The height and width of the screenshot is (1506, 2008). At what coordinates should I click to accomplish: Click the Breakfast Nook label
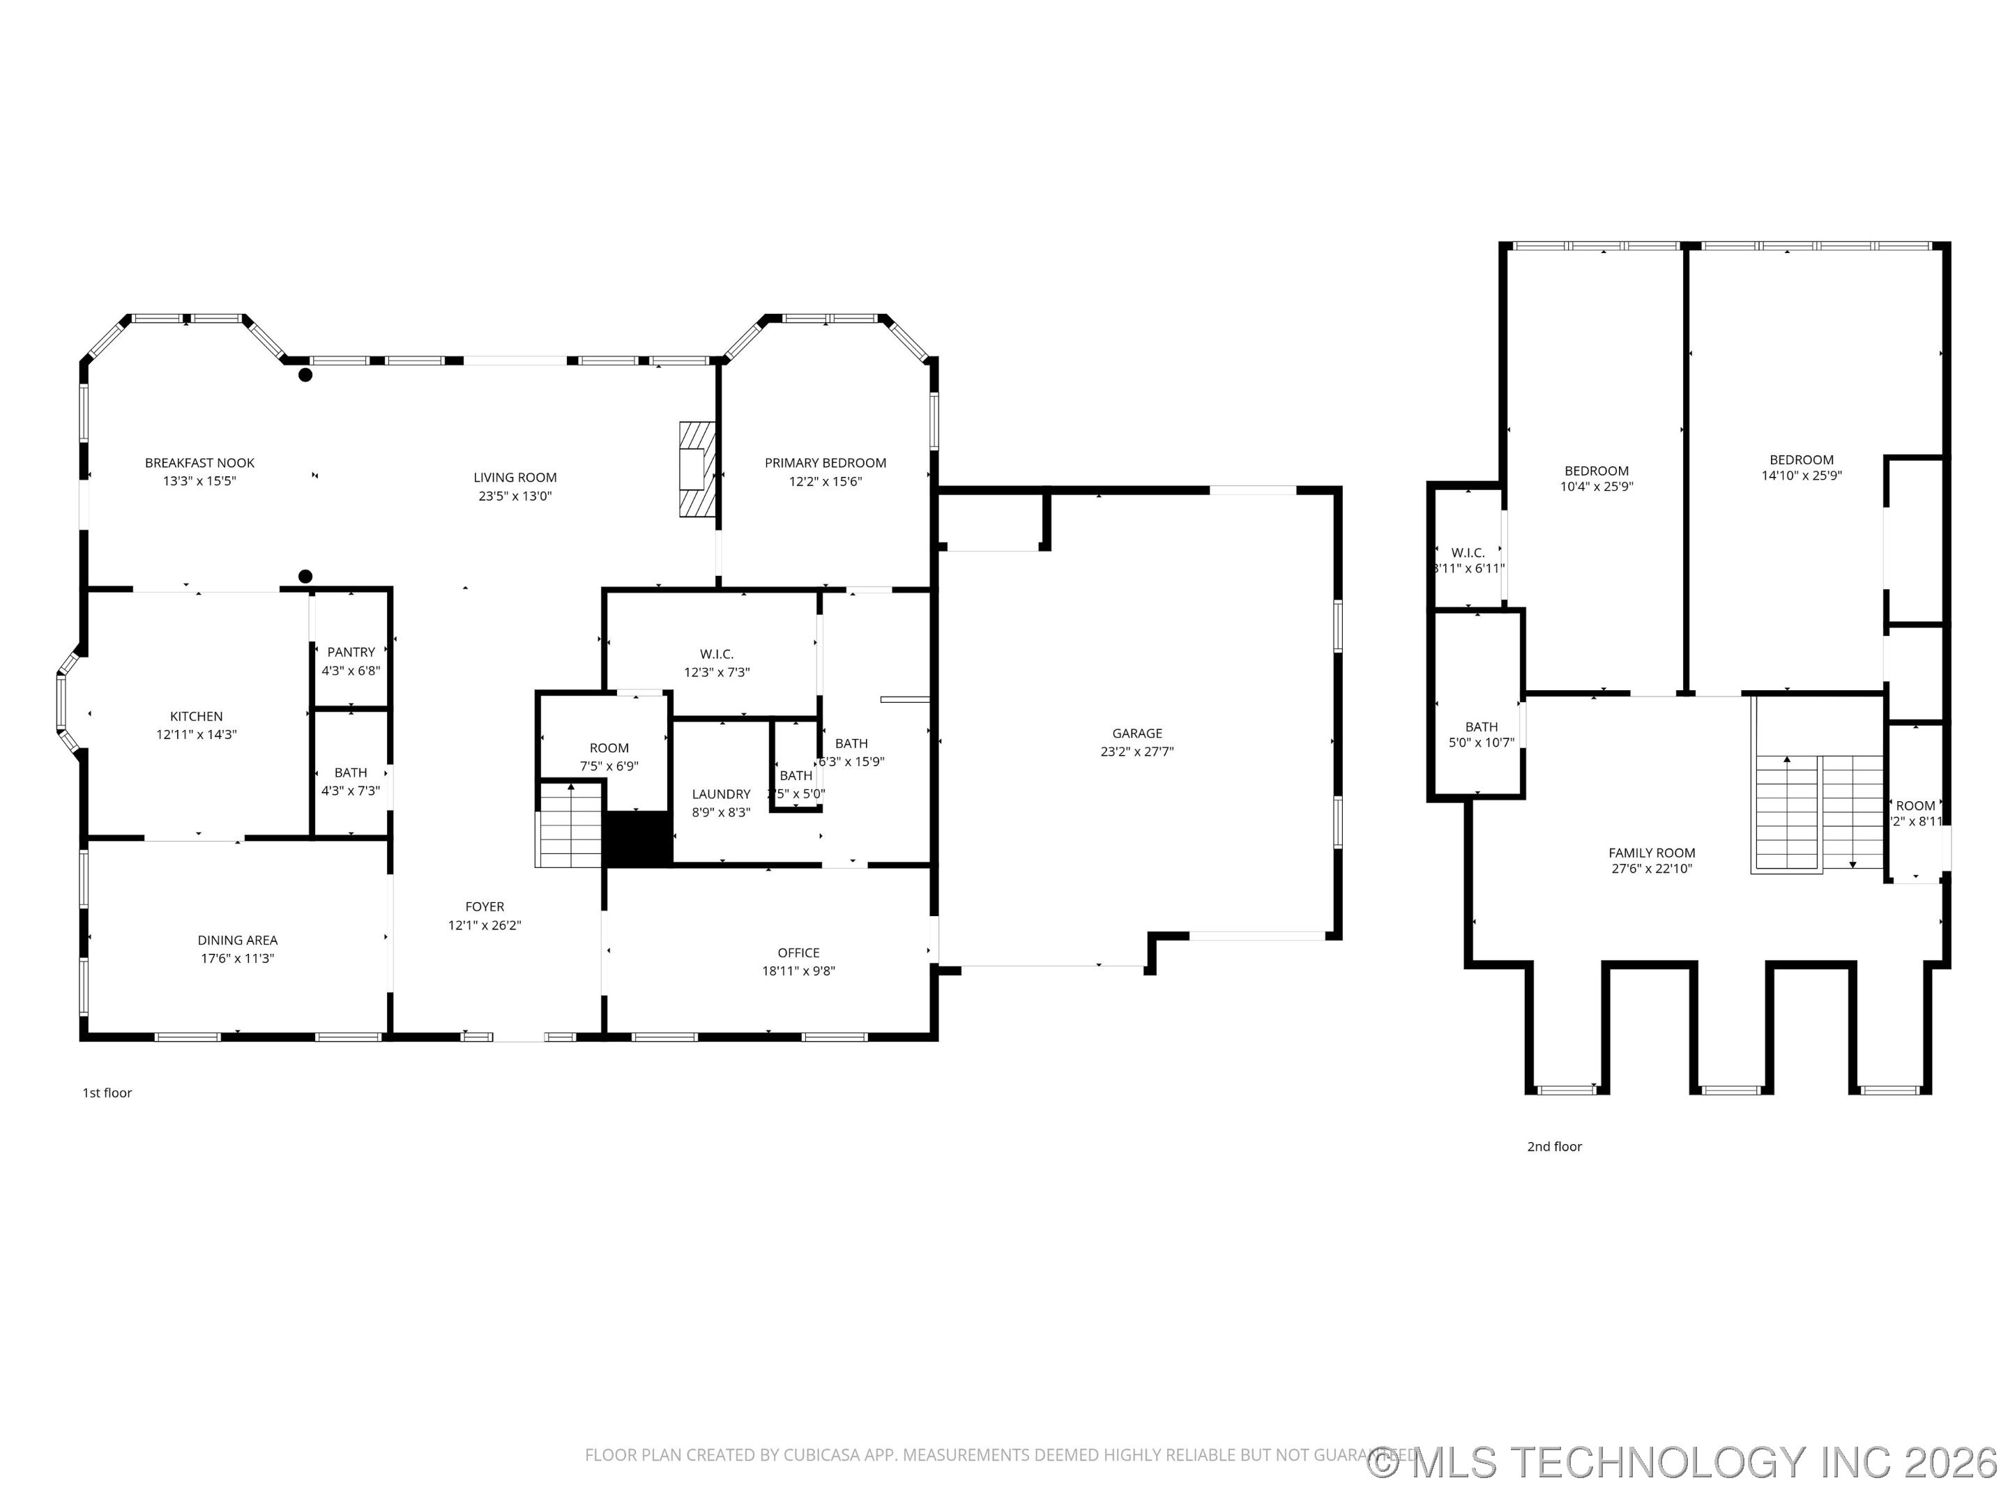point(199,463)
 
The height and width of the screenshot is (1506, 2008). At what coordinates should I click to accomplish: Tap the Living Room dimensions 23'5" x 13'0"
point(515,496)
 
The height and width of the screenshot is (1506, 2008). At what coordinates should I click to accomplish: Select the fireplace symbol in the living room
point(697,469)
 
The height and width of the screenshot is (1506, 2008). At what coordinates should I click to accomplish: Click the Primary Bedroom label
point(826,463)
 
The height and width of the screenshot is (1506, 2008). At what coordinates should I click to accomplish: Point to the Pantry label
point(351,652)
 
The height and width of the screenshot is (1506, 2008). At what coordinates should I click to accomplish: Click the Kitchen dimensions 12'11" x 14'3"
point(196,734)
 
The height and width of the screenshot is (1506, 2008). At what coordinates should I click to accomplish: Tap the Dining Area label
point(238,940)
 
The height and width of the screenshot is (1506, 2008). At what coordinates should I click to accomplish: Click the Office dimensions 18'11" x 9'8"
point(798,971)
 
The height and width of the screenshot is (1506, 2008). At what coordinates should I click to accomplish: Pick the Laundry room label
point(721,793)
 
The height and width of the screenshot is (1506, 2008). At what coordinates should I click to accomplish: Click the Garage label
point(1136,733)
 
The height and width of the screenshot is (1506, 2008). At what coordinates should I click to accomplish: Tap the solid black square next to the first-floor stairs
point(637,838)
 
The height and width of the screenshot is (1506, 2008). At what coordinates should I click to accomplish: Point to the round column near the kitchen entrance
point(305,577)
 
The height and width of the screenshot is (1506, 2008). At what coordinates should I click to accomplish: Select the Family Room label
point(1651,853)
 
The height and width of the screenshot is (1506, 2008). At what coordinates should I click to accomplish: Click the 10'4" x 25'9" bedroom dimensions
point(1596,487)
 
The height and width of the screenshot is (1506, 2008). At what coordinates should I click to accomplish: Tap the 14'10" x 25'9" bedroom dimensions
point(1801,476)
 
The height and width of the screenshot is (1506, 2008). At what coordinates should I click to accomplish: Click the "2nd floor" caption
point(1553,1146)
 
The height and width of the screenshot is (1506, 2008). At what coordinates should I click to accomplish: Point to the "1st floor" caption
point(107,1093)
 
